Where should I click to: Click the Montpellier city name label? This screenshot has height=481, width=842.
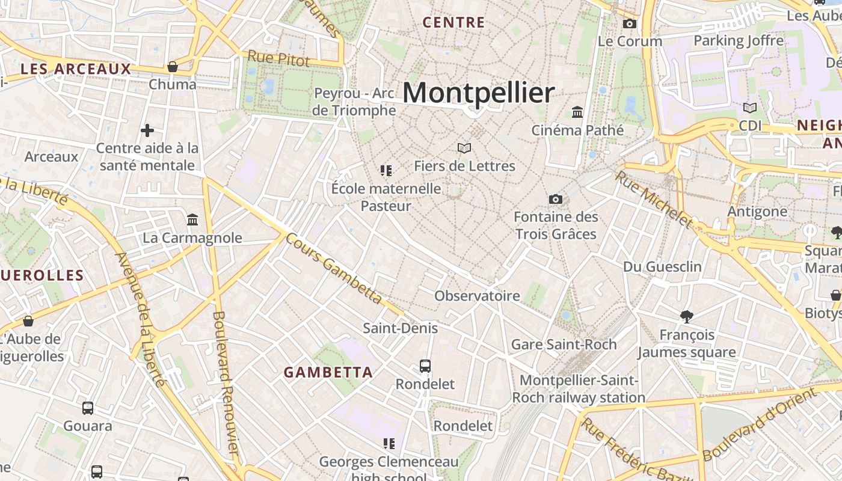point(478,93)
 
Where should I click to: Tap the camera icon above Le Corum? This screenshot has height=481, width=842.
point(630,23)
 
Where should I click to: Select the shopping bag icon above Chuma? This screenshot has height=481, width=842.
point(173,67)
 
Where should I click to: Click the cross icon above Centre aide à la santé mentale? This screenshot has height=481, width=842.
point(147,130)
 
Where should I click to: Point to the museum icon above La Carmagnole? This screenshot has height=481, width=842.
point(192,220)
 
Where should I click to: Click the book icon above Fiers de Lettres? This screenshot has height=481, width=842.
point(464,148)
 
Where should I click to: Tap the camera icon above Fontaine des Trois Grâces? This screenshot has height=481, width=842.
point(556,199)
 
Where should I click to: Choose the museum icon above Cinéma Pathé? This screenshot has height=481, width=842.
point(578,112)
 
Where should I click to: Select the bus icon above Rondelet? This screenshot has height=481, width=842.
point(425,366)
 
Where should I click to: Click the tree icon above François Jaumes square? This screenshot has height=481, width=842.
point(687,317)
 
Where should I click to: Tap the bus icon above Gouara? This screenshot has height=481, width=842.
point(88,408)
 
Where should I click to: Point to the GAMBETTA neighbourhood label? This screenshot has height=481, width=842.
point(328,372)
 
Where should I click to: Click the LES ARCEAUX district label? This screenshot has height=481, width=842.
point(76,69)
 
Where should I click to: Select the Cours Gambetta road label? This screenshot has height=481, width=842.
point(333,268)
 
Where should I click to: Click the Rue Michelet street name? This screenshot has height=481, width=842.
point(654,199)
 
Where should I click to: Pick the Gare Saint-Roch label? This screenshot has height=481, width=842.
point(564,345)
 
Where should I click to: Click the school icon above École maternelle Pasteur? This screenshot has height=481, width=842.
point(386,171)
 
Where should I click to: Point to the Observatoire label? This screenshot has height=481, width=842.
point(477,296)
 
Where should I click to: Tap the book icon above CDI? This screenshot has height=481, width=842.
point(750,108)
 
